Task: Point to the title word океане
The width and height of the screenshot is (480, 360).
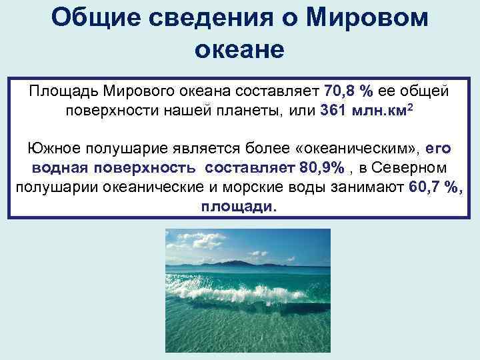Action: (x=240, y=49)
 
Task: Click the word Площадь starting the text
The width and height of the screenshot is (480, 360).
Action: (x=63, y=90)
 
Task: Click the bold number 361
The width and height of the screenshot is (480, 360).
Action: (x=334, y=109)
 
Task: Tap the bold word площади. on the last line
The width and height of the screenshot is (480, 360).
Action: (x=238, y=205)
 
